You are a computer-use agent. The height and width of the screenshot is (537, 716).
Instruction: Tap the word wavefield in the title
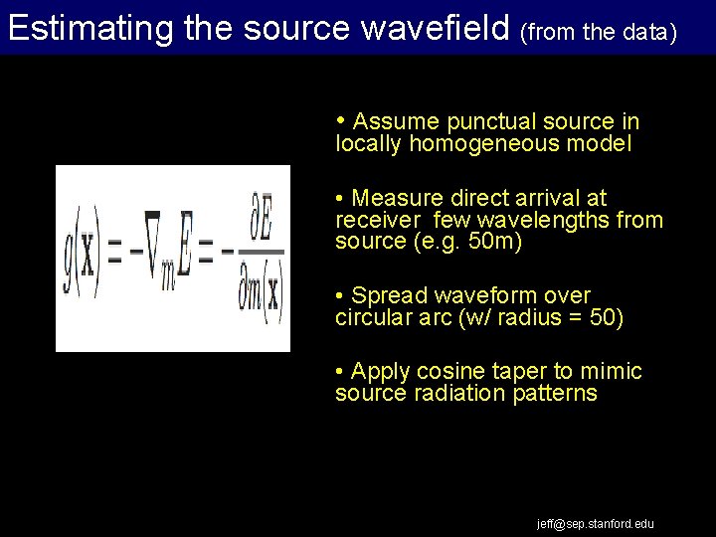(x=435, y=28)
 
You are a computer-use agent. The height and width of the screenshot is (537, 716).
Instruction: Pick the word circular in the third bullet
(x=371, y=317)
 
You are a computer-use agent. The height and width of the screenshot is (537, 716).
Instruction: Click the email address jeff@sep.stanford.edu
(x=596, y=523)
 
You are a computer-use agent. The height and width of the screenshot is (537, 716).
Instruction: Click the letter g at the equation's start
(x=71, y=257)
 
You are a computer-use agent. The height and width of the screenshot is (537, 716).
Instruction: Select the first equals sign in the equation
(x=113, y=255)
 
